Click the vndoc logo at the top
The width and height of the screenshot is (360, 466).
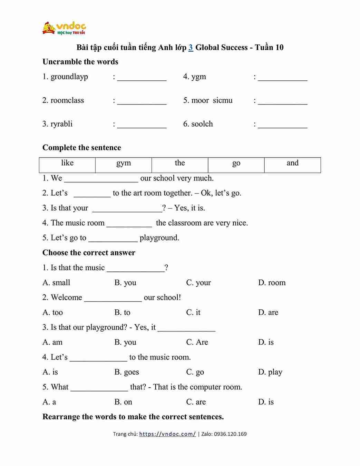[64, 28]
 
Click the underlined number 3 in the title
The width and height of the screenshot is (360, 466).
[191, 48]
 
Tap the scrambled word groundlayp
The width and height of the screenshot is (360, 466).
[69, 77]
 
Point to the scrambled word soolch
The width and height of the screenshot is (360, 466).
[202, 124]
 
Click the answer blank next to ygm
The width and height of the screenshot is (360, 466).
[282, 78]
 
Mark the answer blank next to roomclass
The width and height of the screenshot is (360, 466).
[142, 101]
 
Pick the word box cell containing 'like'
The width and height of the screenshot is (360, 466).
[67, 163]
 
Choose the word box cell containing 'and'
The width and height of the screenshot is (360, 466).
[292, 163]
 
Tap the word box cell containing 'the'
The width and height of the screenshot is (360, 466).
[180, 163]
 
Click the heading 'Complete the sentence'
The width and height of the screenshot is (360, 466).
[82, 148]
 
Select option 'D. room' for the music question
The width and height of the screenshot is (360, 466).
[272, 282]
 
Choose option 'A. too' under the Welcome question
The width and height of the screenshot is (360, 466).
[53, 313]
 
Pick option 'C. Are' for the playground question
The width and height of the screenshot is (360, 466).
[197, 342]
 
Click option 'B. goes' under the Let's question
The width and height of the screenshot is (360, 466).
[127, 372]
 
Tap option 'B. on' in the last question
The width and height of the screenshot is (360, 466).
[123, 402]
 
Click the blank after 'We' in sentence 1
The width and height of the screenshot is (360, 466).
[101, 179]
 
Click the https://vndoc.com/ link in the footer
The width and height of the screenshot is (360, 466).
[167, 434]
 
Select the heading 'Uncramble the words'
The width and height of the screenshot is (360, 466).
[80, 62]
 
